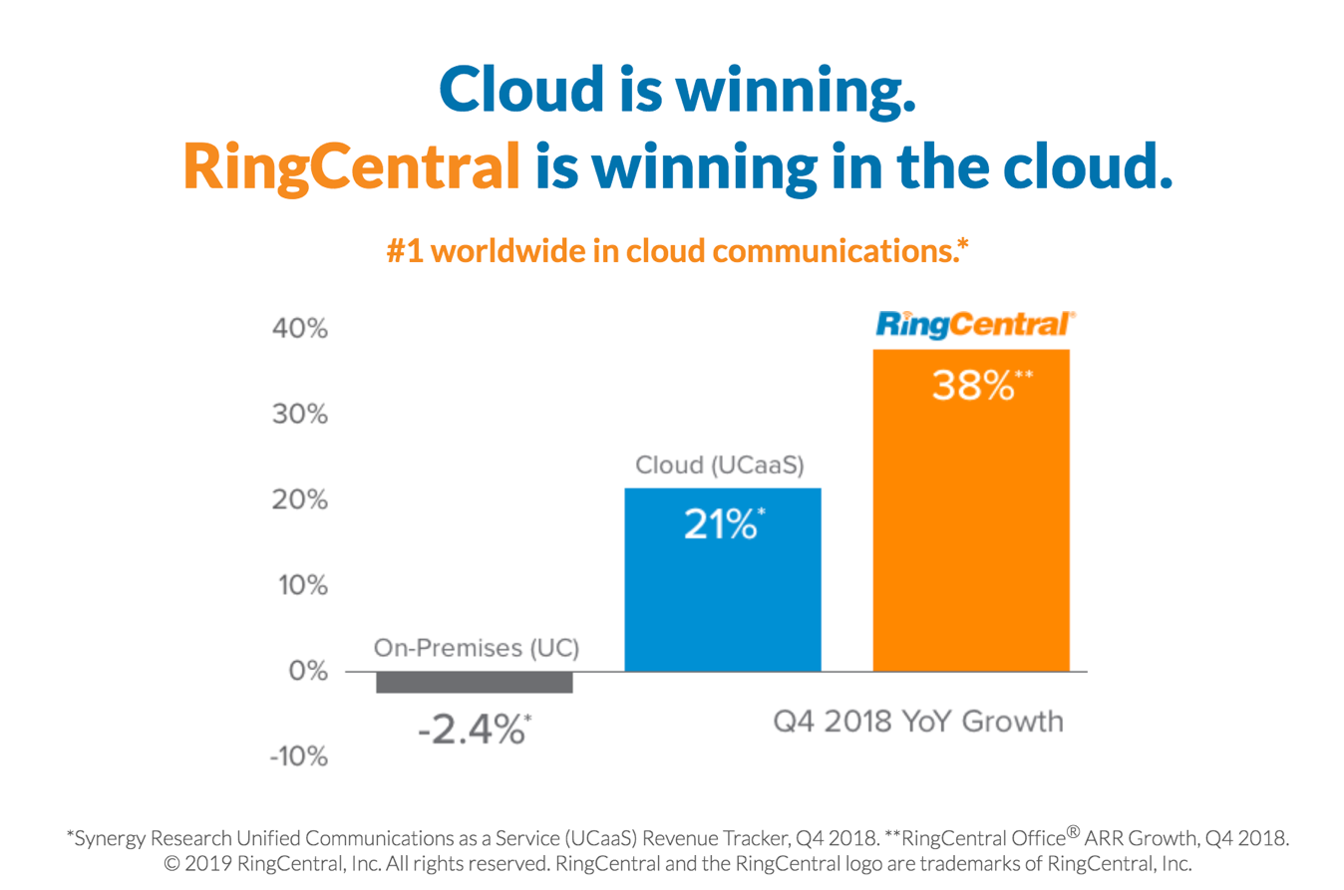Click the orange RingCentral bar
click(x=971, y=510)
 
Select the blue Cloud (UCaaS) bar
click(x=723, y=580)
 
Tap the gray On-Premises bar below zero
click(x=474, y=683)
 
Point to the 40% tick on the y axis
click(x=300, y=329)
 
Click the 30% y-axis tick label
click(x=300, y=415)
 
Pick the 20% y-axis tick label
click(x=300, y=499)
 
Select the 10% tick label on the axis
click(x=303, y=585)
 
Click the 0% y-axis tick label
click(x=308, y=671)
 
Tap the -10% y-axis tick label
click(x=299, y=756)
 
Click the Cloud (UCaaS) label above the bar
click(x=720, y=465)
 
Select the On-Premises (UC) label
click(x=477, y=648)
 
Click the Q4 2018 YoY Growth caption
click(x=918, y=722)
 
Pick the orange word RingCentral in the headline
click(x=352, y=167)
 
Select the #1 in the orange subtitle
click(x=405, y=251)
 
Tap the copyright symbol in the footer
click(x=172, y=864)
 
